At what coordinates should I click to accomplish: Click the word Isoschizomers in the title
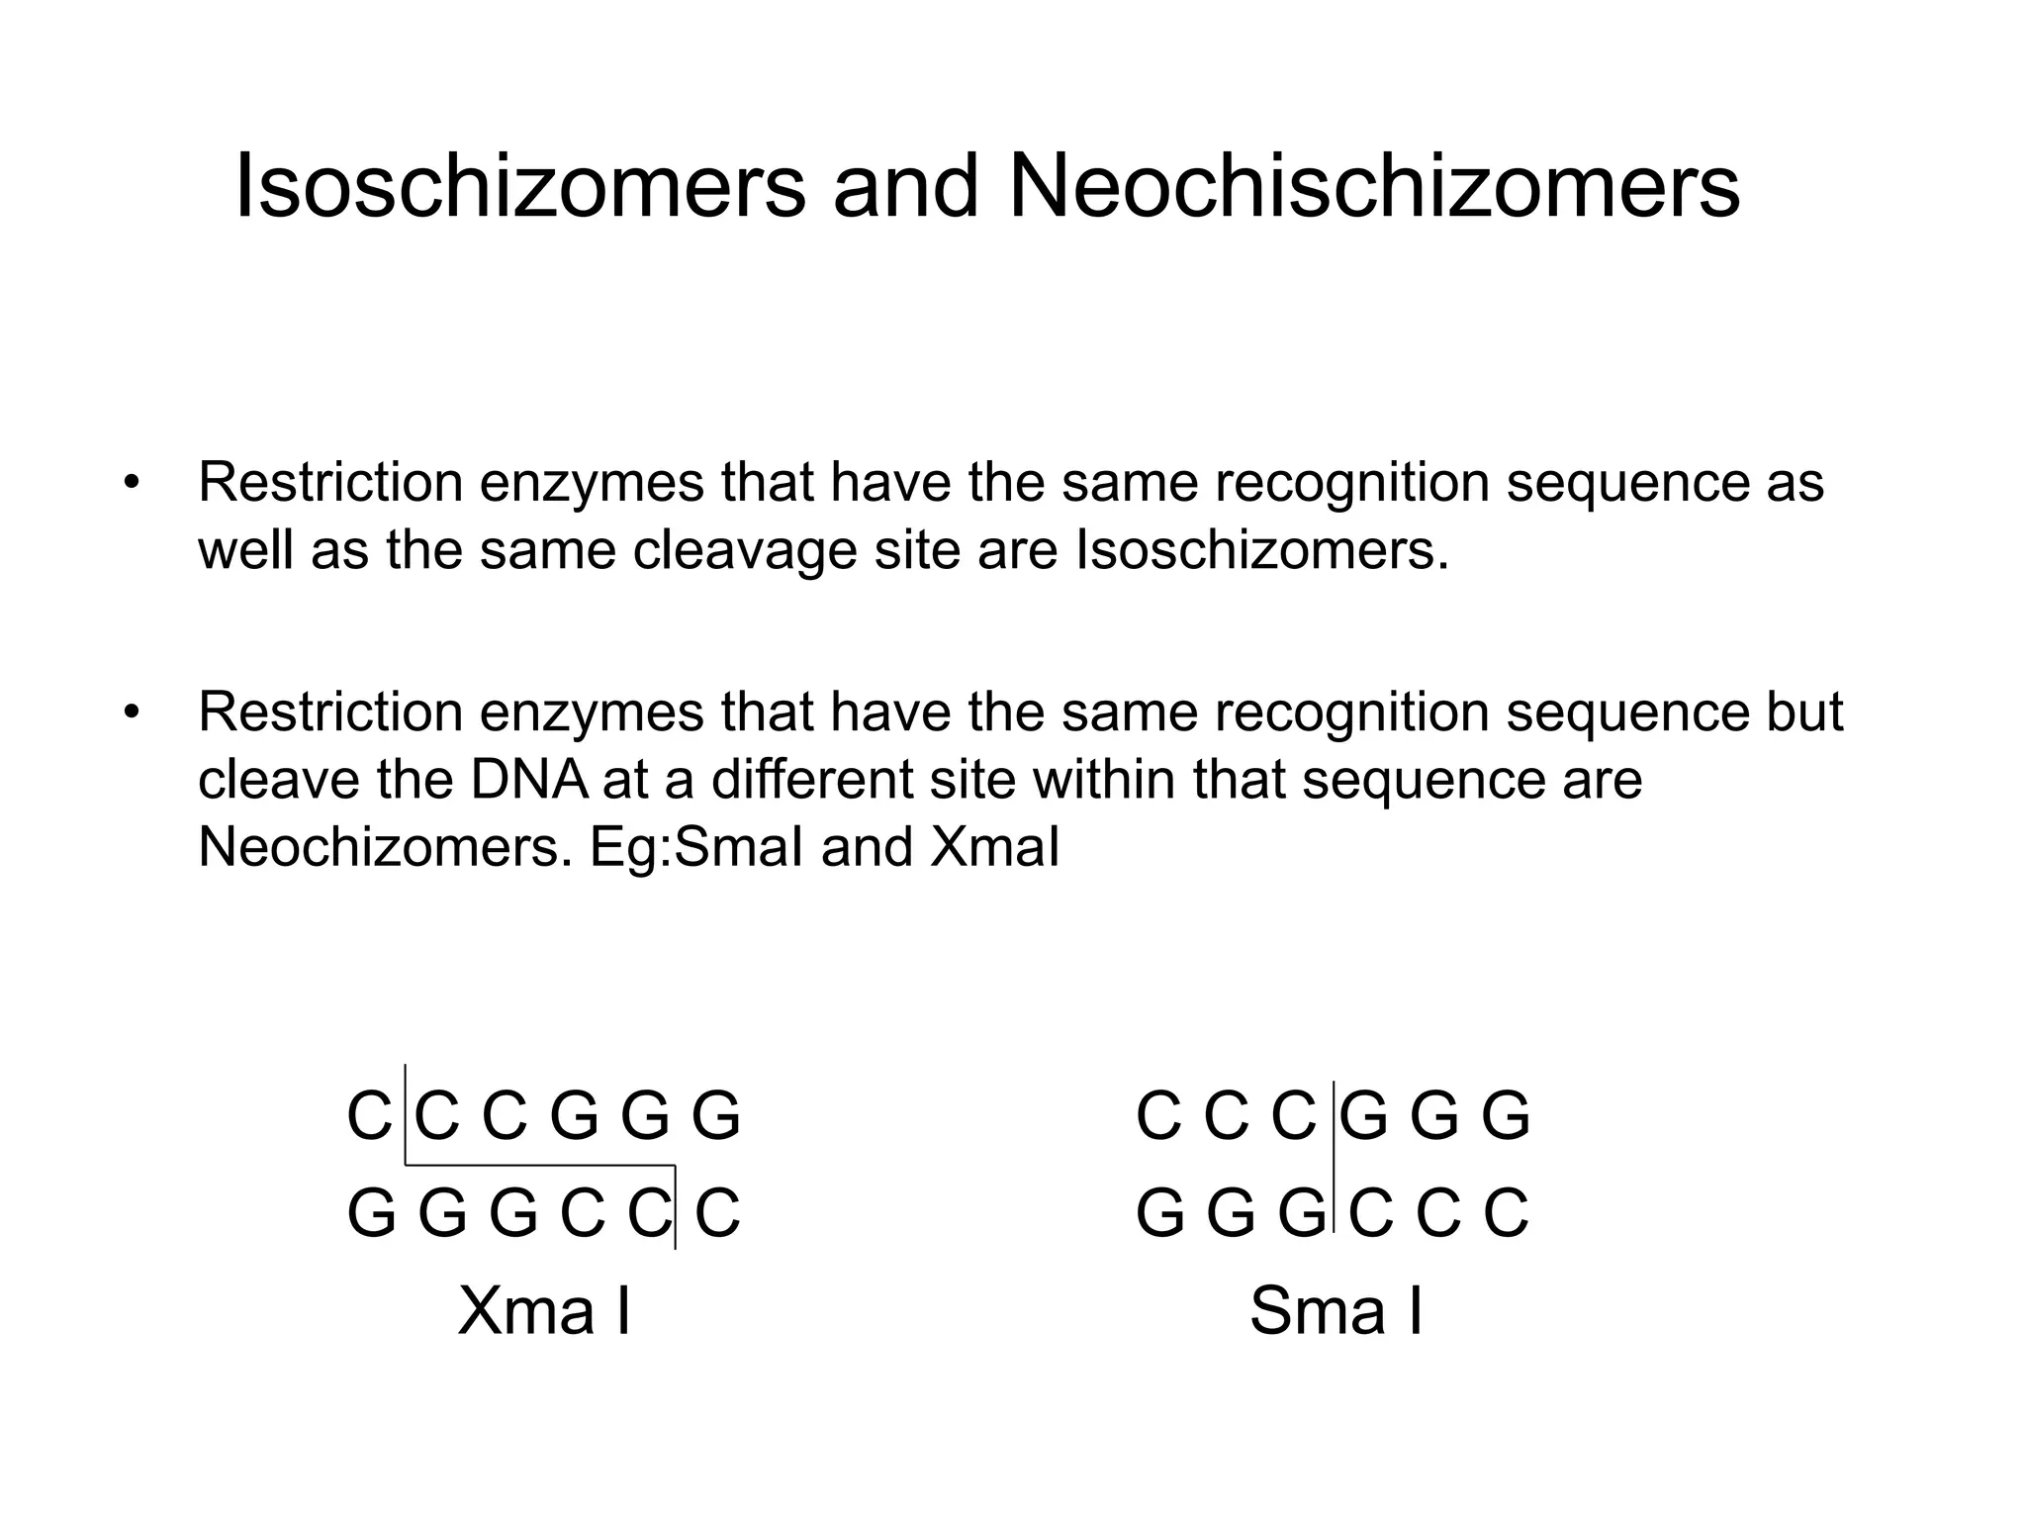(x=520, y=188)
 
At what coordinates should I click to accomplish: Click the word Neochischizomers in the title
(x=1374, y=188)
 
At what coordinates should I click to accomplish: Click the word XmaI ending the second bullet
(x=995, y=847)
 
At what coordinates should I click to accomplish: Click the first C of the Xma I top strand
(x=369, y=1116)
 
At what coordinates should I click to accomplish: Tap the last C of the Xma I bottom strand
(x=717, y=1213)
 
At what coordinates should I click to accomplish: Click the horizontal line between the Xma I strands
(x=540, y=1166)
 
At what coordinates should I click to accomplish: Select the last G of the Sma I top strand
(x=1506, y=1116)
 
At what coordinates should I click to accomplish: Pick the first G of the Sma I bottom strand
(x=1159, y=1213)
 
